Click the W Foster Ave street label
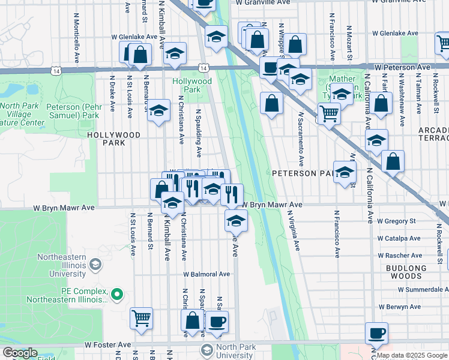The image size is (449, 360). point(108,345)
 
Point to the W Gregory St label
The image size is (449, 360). point(396,221)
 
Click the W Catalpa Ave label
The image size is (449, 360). point(397,238)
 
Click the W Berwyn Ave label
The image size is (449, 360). point(399,307)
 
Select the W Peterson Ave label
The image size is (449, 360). point(403,67)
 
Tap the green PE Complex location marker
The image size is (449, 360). point(118,295)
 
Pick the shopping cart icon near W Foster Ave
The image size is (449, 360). point(141,318)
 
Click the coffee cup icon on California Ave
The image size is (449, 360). point(376,333)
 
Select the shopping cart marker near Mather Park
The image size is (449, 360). point(329,113)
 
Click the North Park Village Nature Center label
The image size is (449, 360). point(22,114)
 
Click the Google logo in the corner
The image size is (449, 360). point(19,353)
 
